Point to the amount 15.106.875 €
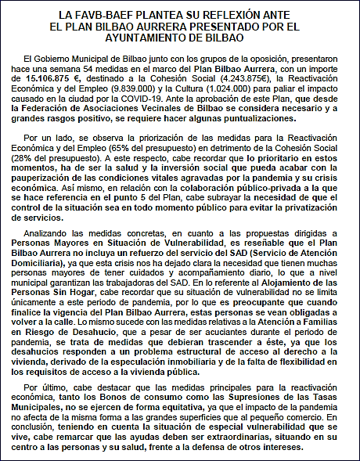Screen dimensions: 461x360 (50, 79)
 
